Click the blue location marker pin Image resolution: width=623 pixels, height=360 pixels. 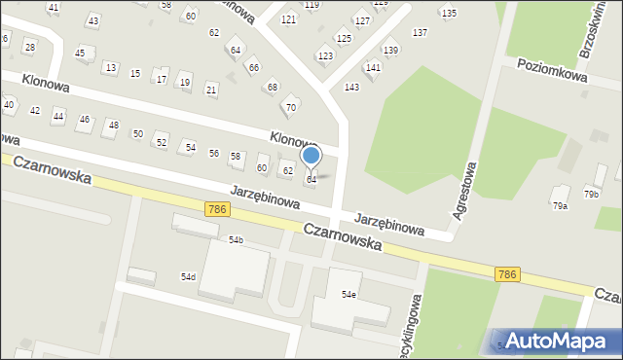(x=311, y=157)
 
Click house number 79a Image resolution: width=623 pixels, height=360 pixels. (x=560, y=205)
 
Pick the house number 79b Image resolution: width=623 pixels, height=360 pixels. (x=591, y=195)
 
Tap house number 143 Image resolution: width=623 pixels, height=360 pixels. (x=351, y=88)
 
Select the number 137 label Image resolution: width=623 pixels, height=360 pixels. (x=420, y=33)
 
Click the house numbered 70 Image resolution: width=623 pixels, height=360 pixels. (x=290, y=107)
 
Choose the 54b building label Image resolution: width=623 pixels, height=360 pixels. (x=236, y=239)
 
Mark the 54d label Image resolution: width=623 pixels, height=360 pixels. (x=188, y=277)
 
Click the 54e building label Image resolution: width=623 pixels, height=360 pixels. (x=348, y=294)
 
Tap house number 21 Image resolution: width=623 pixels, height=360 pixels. (x=211, y=90)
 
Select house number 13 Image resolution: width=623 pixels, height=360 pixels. (x=110, y=67)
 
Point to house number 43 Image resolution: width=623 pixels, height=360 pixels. (x=92, y=20)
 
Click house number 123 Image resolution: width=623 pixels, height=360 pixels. (x=324, y=56)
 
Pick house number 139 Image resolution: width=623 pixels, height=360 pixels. (x=390, y=50)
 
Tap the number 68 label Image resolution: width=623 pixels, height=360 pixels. (x=273, y=88)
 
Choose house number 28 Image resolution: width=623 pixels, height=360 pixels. (x=29, y=47)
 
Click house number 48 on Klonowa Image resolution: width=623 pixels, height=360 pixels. (x=114, y=125)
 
